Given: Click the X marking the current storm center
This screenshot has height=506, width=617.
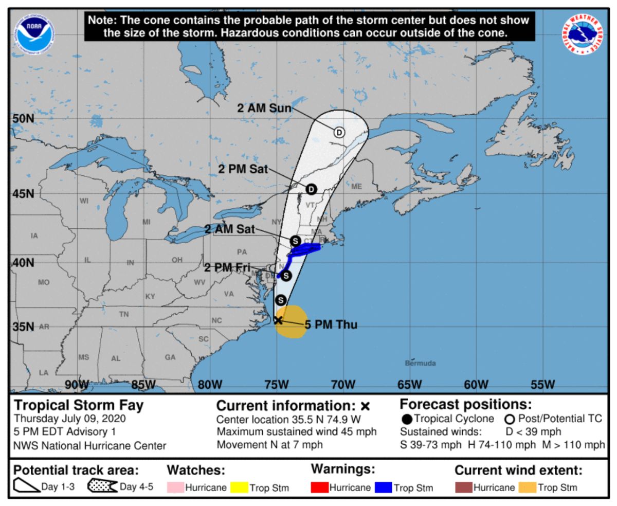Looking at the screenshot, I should click(278, 320).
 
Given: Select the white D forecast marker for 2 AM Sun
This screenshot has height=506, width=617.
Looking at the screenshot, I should click(339, 132).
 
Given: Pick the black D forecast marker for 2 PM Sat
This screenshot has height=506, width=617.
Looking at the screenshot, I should click(311, 189).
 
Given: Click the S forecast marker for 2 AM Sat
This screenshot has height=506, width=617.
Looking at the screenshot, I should click(295, 240).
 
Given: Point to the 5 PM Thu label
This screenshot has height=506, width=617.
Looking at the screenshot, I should click(331, 324).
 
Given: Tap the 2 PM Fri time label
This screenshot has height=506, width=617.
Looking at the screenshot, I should click(227, 267).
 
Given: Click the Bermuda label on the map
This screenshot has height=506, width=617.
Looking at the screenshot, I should click(420, 363).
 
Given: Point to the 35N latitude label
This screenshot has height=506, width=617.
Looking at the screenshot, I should click(22, 327).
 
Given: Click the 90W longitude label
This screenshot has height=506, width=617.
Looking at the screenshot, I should click(77, 385).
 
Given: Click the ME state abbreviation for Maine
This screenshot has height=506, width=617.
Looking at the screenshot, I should click(356, 187).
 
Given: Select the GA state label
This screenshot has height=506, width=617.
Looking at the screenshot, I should click(170, 357).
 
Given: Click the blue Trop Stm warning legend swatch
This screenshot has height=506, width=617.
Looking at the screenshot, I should click(384, 487).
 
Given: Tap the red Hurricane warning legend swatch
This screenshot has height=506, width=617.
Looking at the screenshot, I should click(319, 487).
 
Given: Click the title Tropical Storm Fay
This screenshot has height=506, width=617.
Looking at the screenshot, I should click(79, 405).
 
